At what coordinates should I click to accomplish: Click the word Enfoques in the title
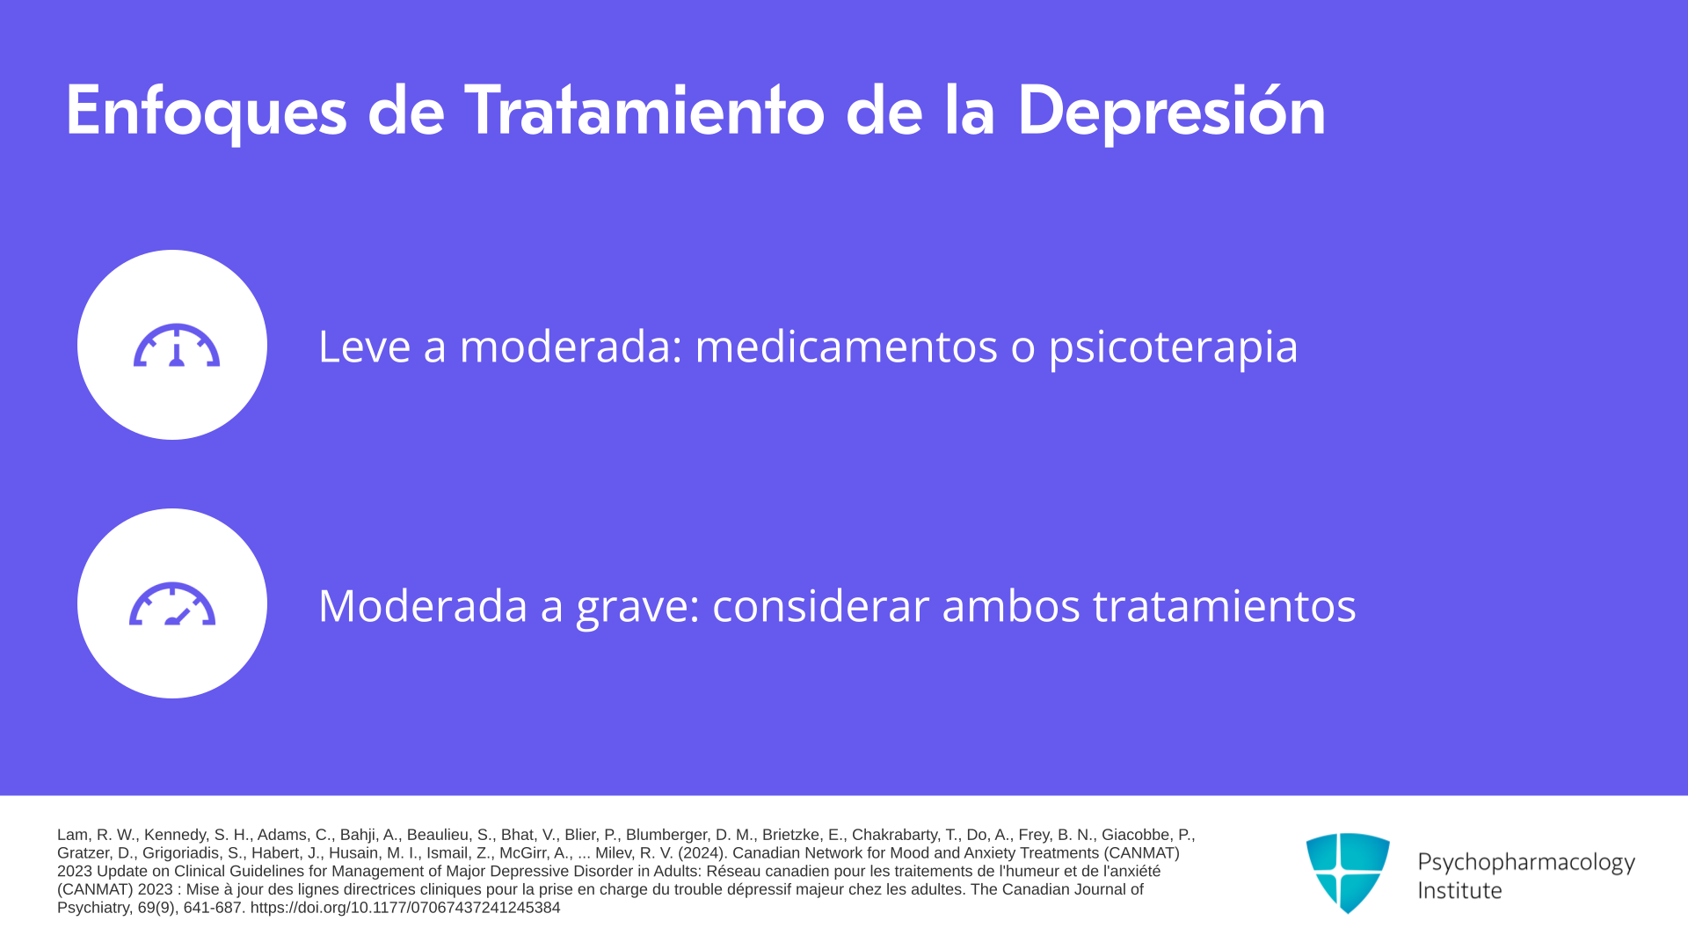click(207, 112)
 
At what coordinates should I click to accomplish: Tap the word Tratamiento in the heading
click(644, 110)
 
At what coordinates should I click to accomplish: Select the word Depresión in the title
click(1171, 112)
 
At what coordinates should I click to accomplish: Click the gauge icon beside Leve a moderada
click(177, 345)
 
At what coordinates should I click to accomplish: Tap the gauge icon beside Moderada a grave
click(172, 603)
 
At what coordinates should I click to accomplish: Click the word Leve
click(364, 346)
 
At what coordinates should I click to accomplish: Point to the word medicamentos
click(846, 346)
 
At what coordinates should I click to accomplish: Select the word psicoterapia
click(1173, 347)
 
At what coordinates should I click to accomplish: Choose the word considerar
click(820, 605)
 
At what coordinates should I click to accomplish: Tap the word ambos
click(1011, 605)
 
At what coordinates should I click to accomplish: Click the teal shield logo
click(1348, 873)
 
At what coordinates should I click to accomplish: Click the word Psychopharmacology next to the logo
click(1526, 863)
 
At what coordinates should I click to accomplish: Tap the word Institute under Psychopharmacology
click(1459, 890)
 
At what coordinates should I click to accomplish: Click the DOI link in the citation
click(405, 908)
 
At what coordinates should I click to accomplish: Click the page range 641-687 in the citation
click(213, 908)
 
